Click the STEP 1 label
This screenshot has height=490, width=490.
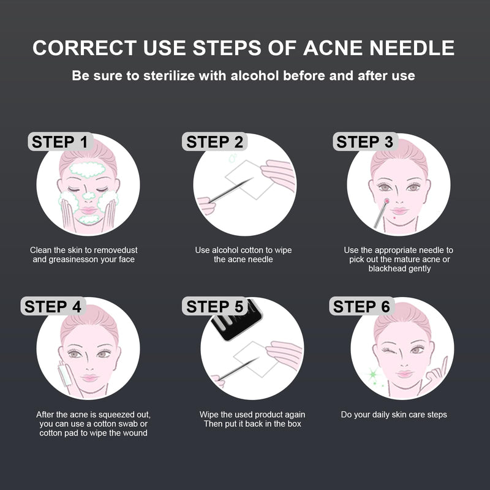pos(60,142)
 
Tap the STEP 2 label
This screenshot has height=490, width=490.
pos(215,142)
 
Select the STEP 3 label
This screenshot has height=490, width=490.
pos(365,142)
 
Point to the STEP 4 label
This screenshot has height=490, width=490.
pos(53,306)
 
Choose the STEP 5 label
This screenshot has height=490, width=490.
pos(215,306)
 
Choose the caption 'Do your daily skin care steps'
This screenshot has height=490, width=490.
pos(394,415)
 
